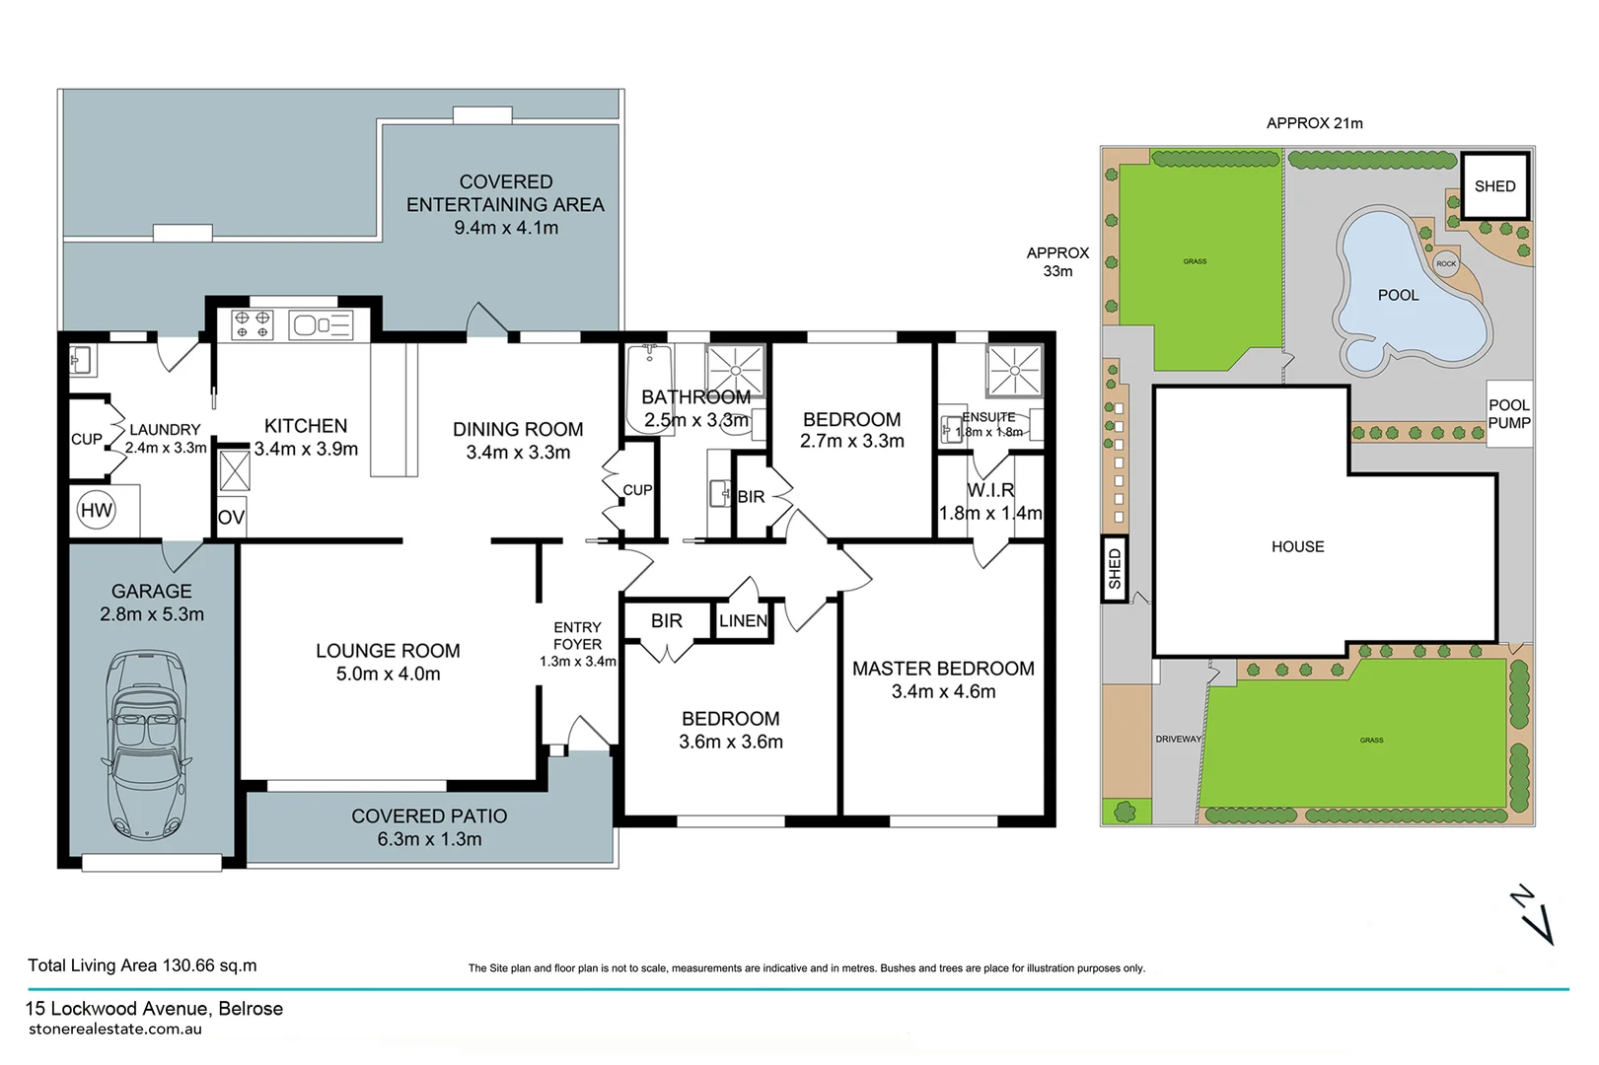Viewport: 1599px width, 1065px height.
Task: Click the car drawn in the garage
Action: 146,745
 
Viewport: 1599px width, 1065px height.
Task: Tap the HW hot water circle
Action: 97,511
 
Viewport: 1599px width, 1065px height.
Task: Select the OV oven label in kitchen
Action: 231,518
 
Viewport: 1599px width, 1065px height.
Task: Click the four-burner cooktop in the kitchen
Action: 252,324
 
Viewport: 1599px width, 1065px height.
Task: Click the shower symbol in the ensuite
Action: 1014,372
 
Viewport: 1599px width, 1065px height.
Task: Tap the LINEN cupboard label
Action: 743,620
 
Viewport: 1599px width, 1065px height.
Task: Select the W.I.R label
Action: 990,490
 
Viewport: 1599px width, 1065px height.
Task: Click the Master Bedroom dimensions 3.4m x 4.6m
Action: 943,692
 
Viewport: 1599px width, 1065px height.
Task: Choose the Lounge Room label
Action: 388,651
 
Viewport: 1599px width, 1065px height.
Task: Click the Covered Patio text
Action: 429,816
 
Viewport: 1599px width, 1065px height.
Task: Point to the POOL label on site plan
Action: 1398,295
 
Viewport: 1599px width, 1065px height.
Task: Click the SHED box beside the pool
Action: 1494,186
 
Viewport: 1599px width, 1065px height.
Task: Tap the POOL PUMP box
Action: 1508,414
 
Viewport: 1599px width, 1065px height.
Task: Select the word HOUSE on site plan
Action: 1297,546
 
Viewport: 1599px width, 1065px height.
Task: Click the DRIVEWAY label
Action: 1178,739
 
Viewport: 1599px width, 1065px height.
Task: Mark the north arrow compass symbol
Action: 1531,914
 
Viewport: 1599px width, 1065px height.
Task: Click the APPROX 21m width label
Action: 1314,123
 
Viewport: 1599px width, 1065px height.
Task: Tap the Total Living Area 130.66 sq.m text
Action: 142,965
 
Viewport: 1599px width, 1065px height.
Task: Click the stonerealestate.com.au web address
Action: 115,1029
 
